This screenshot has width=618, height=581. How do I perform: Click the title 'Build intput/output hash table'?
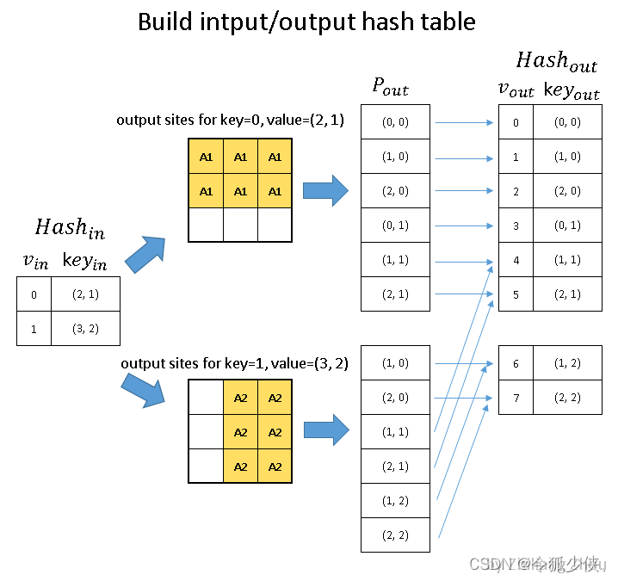pyautogui.click(x=307, y=22)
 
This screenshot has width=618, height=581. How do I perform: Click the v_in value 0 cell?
pyautogui.click(x=34, y=294)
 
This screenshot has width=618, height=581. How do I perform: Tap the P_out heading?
pyautogui.click(x=390, y=85)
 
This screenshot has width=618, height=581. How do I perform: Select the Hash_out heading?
pyautogui.click(x=555, y=61)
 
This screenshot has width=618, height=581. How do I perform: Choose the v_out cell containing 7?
pyautogui.click(x=516, y=398)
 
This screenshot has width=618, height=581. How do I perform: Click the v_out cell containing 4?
pyautogui.click(x=516, y=260)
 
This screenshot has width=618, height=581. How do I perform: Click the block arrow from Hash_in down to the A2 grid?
pyautogui.click(x=142, y=392)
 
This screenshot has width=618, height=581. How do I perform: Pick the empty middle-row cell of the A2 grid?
pyautogui.click(x=206, y=431)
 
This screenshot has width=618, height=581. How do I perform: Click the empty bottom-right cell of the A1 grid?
pyautogui.click(x=275, y=225)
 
